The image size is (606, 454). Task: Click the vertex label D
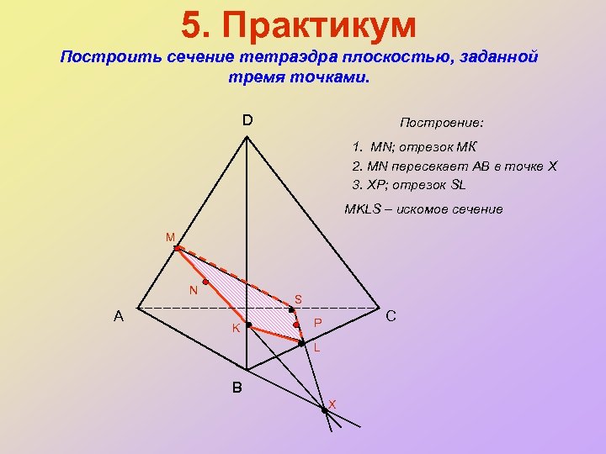247,120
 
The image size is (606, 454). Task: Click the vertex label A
120,317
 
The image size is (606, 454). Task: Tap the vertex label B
237,388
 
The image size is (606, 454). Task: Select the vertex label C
391,317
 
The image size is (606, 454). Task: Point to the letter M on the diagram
170,238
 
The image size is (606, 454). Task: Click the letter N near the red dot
193,291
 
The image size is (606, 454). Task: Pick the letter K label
237,327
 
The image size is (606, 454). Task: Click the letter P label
317,324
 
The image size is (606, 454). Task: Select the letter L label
316,347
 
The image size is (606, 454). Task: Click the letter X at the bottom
332,404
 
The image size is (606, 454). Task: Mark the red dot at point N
205,282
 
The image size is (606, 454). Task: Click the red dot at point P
296,324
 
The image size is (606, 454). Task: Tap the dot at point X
323,409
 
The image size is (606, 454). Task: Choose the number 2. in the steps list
358,166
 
